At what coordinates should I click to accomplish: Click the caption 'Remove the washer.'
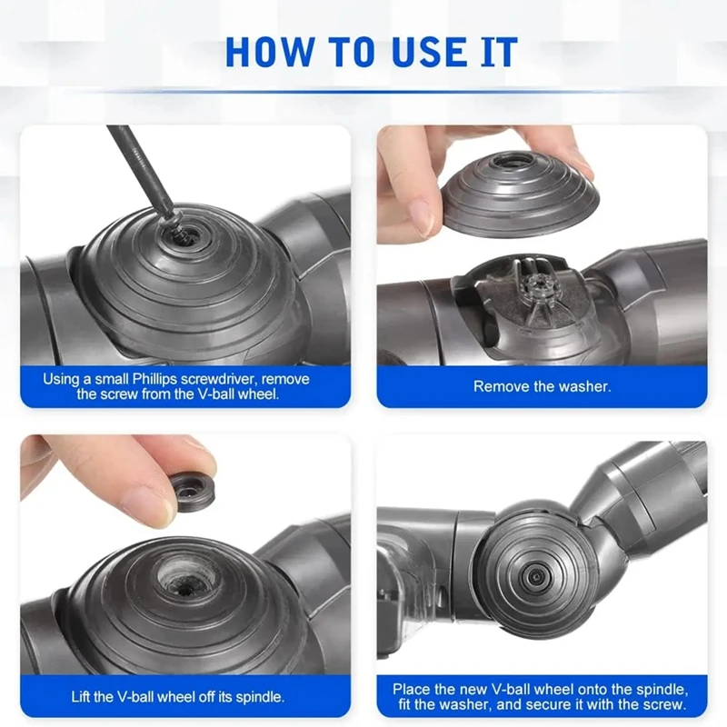542,386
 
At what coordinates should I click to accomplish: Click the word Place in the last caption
412,690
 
